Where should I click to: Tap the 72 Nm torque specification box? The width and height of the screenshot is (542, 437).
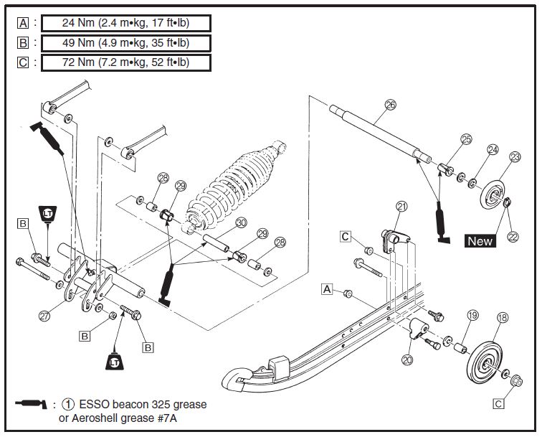tap(125, 62)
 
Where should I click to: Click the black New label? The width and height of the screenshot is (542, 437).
tap(480, 241)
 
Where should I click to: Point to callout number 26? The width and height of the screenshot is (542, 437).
tap(391, 104)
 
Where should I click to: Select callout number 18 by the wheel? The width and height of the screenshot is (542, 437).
tap(502, 316)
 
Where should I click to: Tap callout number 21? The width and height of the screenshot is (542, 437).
tap(401, 207)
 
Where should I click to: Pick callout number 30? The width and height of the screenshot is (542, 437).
tap(241, 223)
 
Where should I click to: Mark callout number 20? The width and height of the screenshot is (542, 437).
tap(408, 360)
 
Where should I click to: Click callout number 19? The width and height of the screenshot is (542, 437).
tap(472, 315)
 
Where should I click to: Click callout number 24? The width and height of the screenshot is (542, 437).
tap(493, 150)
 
